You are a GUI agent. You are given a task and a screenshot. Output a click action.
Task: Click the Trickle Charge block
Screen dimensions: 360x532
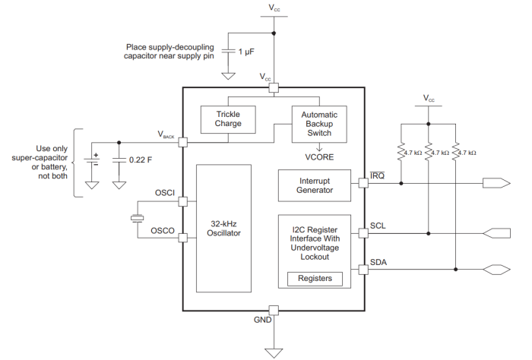pyautogui.click(x=227, y=119)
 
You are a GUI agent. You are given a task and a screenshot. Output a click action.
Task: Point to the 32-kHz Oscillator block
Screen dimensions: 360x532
pyautogui.click(x=225, y=229)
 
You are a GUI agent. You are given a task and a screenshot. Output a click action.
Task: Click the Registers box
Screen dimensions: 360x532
pyautogui.click(x=315, y=279)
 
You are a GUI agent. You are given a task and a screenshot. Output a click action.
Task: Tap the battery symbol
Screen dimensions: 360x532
pyautogui.click(x=92, y=159)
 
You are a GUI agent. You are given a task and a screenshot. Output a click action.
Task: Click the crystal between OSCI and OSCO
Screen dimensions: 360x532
pyautogui.click(x=138, y=219)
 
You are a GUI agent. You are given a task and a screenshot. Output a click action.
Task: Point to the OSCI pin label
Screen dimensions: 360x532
pyautogui.click(x=165, y=193)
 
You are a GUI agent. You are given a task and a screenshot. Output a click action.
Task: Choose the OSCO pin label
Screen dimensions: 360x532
pyautogui.click(x=164, y=230)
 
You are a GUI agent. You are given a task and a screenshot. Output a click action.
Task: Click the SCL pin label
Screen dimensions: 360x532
pyautogui.click(x=378, y=226)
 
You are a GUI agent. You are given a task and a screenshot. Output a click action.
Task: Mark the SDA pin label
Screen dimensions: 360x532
pyautogui.click(x=378, y=262)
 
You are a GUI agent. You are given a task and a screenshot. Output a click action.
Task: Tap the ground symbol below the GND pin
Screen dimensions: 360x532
pyautogui.click(x=274, y=352)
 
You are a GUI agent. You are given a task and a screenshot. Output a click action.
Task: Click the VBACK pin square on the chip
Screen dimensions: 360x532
pyautogui.click(x=183, y=142)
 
